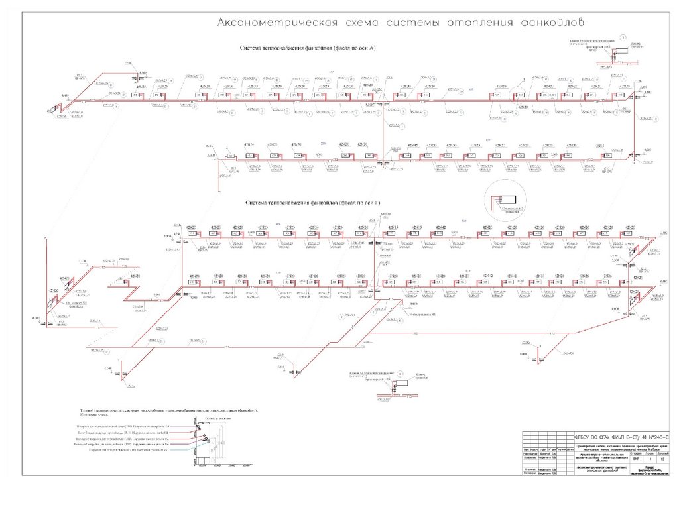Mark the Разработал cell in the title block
529,453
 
